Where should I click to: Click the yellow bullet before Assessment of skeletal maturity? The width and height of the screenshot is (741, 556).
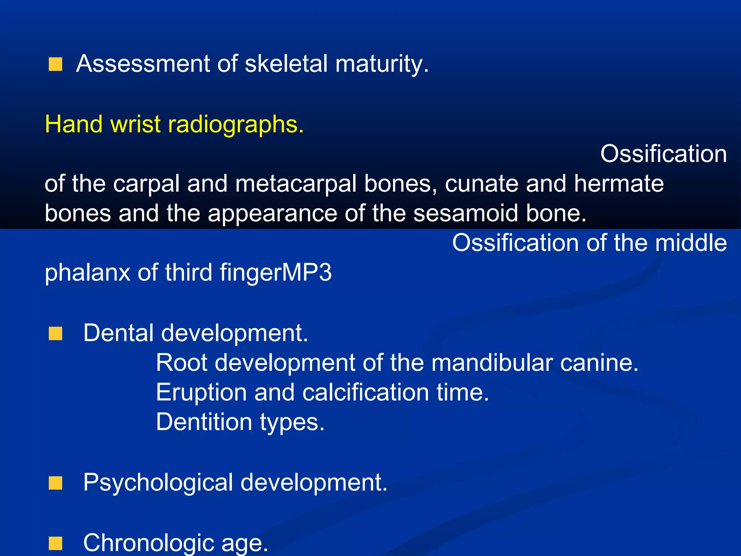point(55,64)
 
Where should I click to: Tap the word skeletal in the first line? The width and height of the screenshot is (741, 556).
point(286,64)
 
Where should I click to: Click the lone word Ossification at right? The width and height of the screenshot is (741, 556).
point(663,154)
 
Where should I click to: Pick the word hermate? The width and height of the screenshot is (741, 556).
point(619,184)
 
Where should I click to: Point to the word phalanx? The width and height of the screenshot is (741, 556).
point(87,273)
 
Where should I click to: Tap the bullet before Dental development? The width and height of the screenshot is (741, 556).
point(55,333)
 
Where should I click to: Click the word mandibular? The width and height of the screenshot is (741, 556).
point(492,362)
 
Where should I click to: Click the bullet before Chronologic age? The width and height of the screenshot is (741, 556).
point(55,543)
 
